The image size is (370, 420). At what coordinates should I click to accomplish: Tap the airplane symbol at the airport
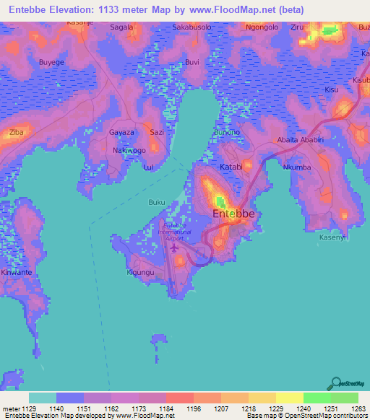[x=174, y=248]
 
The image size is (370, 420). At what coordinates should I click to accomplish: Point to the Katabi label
[x=231, y=167]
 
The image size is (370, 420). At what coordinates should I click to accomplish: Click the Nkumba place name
[x=296, y=167]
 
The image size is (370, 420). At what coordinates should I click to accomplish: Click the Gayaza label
[x=121, y=133]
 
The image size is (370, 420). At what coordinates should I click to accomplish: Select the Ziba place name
[x=15, y=133]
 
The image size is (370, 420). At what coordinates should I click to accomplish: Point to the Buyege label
[x=51, y=63]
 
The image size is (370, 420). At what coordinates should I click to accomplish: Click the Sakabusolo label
[x=192, y=27]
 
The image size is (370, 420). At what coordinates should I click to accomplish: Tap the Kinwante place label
[x=17, y=273]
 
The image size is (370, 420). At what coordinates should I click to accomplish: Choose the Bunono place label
[x=226, y=133]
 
